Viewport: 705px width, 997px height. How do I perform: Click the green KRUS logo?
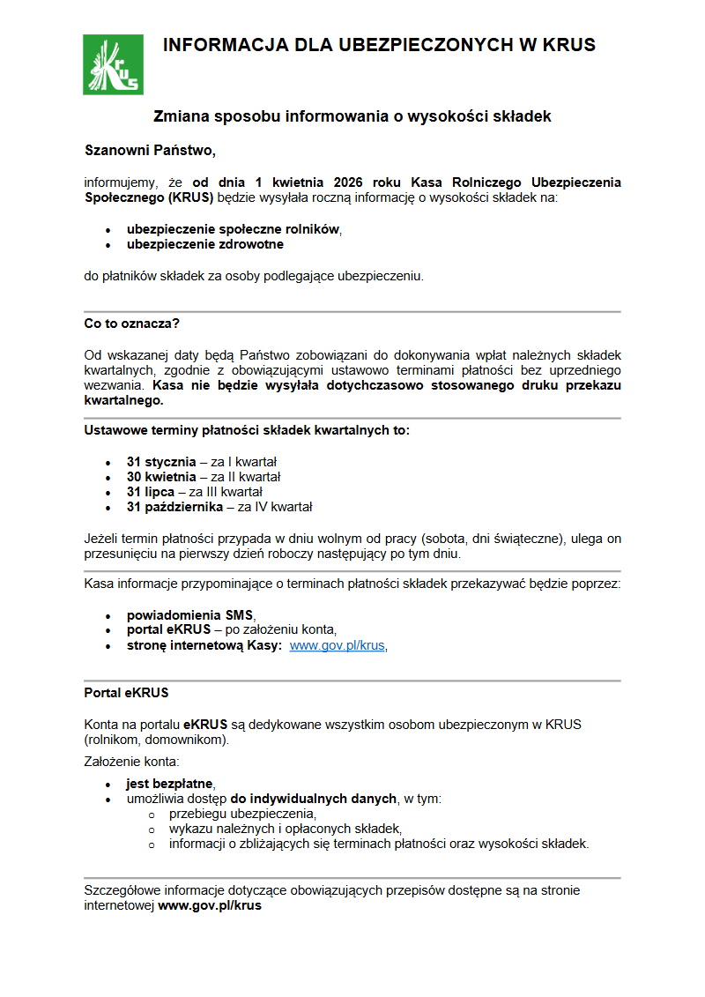click(x=113, y=64)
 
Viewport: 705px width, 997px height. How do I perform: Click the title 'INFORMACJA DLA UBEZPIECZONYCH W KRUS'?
click(x=379, y=45)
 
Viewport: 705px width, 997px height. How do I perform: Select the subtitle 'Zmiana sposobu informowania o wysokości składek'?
click(x=352, y=116)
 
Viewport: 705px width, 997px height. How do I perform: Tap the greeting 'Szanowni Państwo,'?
click(x=150, y=149)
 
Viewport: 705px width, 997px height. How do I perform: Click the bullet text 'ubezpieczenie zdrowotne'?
click(x=204, y=244)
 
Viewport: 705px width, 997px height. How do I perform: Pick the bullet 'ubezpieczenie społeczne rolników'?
click(x=233, y=228)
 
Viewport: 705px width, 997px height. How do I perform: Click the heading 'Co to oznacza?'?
click(x=131, y=324)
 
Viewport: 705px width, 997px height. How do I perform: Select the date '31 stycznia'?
click(x=161, y=462)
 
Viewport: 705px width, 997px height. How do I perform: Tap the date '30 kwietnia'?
click(x=161, y=477)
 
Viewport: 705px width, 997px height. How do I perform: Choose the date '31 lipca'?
click(x=151, y=492)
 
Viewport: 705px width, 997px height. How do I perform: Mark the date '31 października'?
click(x=174, y=507)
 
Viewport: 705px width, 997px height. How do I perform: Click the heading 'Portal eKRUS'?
click(x=126, y=693)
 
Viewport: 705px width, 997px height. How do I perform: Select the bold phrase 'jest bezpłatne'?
click(x=170, y=784)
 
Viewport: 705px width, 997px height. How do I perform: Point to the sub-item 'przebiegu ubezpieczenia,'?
click(x=242, y=814)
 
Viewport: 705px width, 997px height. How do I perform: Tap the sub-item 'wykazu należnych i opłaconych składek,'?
click(x=285, y=829)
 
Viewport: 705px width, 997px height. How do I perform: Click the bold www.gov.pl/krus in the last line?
click(x=210, y=905)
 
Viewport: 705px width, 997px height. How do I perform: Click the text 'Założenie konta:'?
click(x=131, y=761)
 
